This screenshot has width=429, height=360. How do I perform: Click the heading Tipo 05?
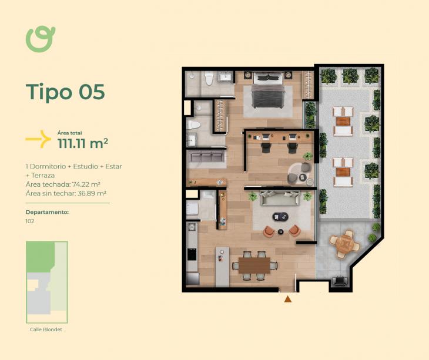pos(65,92)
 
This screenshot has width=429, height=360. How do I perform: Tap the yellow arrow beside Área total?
pos(39,139)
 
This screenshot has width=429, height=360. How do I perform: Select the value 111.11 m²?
pos(83,143)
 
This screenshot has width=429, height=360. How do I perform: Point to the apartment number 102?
pos(30,221)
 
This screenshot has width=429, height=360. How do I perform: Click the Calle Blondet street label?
pos(46,329)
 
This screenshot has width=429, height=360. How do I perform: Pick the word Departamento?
pos(47,212)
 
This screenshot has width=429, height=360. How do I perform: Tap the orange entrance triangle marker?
pos(287,299)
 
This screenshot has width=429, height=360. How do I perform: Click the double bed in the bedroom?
pos(268,90)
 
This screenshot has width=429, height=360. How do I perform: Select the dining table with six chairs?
pos(254,265)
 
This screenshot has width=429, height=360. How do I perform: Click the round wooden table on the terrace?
pos(344,244)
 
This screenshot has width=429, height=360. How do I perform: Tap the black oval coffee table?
pos(280,217)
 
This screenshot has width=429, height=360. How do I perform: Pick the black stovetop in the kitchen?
pos(192,254)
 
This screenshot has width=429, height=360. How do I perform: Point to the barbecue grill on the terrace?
pos(340,281)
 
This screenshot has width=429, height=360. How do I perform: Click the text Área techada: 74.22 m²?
pos(63,184)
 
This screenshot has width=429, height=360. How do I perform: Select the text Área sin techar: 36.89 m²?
pos(66,193)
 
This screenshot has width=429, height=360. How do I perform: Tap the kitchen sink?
pos(191,227)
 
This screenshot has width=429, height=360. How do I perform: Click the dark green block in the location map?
pos(41,257)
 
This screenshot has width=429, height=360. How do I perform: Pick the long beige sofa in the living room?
pos(280,198)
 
